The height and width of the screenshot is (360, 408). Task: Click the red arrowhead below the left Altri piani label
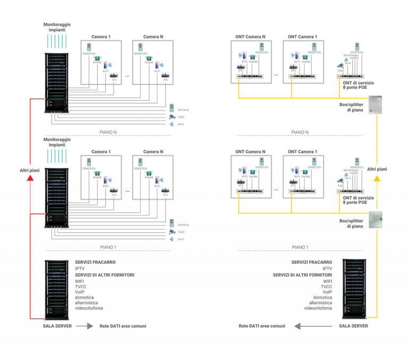[30, 179]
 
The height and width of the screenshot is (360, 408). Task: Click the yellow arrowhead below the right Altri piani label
[377, 179]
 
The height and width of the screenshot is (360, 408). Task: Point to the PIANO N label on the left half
[108, 131]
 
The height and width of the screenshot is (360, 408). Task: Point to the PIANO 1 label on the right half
[301, 247]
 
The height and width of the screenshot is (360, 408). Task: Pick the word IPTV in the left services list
[80, 269]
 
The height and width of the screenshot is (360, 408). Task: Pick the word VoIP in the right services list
[327, 292]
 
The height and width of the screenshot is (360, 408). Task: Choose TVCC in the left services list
[81, 286]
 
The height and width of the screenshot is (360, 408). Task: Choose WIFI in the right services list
[327, 281]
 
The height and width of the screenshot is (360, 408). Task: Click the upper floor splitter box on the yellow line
[376, 105]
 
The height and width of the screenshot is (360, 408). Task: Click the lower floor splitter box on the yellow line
[376, 220]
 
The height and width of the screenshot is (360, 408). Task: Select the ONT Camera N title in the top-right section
[250, 36]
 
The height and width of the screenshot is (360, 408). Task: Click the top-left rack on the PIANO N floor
[56, 82]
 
